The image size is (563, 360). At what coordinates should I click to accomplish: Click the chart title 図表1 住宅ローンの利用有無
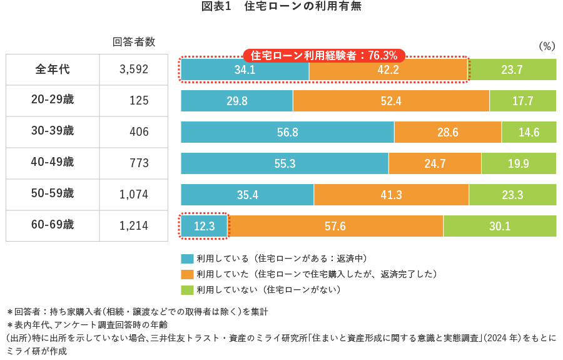tap(281, 7)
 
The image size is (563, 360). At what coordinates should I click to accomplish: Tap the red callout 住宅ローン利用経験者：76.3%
tap(324, 55)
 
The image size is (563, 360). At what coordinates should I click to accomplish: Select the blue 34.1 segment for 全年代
tap(245, 69)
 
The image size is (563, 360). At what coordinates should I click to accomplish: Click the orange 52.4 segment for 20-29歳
tap(391, 101)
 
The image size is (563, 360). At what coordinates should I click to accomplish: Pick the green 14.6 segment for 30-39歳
tap(529, 132)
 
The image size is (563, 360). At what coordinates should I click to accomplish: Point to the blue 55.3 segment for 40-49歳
tap(285, 163)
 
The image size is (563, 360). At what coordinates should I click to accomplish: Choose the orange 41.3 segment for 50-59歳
tap(391, 195)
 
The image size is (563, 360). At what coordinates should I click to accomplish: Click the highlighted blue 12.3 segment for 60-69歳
tap(204, 226)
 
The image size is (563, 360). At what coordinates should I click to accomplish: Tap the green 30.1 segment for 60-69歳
tap(500, 226)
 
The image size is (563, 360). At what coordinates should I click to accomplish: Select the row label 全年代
tap(53, 69)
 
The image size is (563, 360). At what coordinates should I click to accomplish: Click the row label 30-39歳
tap(53, 131)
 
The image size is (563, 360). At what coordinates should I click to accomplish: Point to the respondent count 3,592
tap(134, 69)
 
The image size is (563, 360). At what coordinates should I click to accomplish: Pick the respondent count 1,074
tap(134, 195)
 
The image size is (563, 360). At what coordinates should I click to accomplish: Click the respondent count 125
tap(139, 101)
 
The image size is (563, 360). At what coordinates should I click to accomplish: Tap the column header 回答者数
tap(134, 42)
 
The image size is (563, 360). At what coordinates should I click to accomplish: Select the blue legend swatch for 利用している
tap(187, 259)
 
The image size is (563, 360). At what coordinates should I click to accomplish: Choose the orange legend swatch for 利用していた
tap(187, 274)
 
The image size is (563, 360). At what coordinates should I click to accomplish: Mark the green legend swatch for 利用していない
tap(187, 290)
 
